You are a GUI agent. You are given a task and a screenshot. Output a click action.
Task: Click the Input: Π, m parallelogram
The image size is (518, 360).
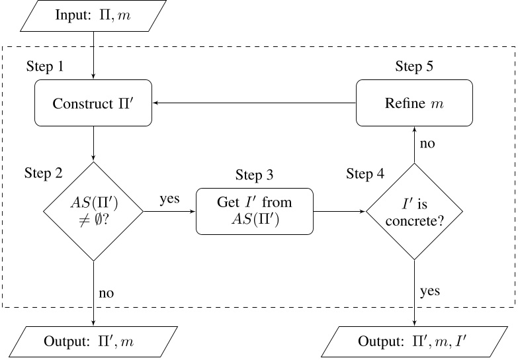pyautogui.click(x=93, y=16)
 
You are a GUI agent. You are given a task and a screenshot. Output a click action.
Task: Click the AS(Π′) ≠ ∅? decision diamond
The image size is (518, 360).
pyautogui.click(x=93, y=212)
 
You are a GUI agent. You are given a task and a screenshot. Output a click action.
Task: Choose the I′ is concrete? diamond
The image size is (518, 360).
pyautogui.click(x=415, y=212)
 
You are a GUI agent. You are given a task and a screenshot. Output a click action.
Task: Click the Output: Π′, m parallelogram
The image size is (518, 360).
pyautogui.click(x=93, y=342)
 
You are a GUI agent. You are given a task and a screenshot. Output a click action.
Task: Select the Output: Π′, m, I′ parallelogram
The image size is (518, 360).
pyautogui.click(x=415, y=342)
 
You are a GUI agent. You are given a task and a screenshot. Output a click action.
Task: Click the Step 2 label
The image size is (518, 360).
pyautogui.click(x=44, y=173)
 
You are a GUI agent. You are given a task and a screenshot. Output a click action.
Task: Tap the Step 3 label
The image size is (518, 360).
pyautogui.click(x=254, y=175)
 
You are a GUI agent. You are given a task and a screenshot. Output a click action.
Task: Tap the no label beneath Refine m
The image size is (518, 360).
pyautogui.click(x=427, y=143)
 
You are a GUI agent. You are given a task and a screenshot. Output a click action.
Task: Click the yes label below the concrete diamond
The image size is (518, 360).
pyautogui.click(x=429, y=291)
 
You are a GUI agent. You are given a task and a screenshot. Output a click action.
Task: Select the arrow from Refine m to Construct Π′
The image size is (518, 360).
pyautogui.click(x=254, y=103)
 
